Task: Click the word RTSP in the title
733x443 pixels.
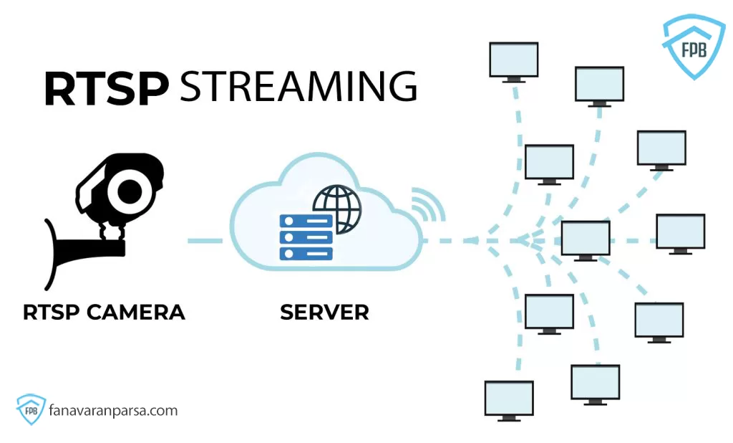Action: coord(106,88)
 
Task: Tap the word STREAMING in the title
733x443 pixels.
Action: coord(298,87)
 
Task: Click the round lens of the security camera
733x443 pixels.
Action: coord(131,190)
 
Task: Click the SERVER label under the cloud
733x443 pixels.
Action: coord(324,313)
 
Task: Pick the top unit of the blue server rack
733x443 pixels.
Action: coord(306,221)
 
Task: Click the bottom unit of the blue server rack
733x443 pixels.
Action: coord(306,253)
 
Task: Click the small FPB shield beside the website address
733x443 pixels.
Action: coord(31,411)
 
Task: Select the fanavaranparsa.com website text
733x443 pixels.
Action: coord(113,411)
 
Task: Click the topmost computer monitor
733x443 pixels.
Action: coord(513,60)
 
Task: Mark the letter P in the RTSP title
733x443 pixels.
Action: coord(152,88)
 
